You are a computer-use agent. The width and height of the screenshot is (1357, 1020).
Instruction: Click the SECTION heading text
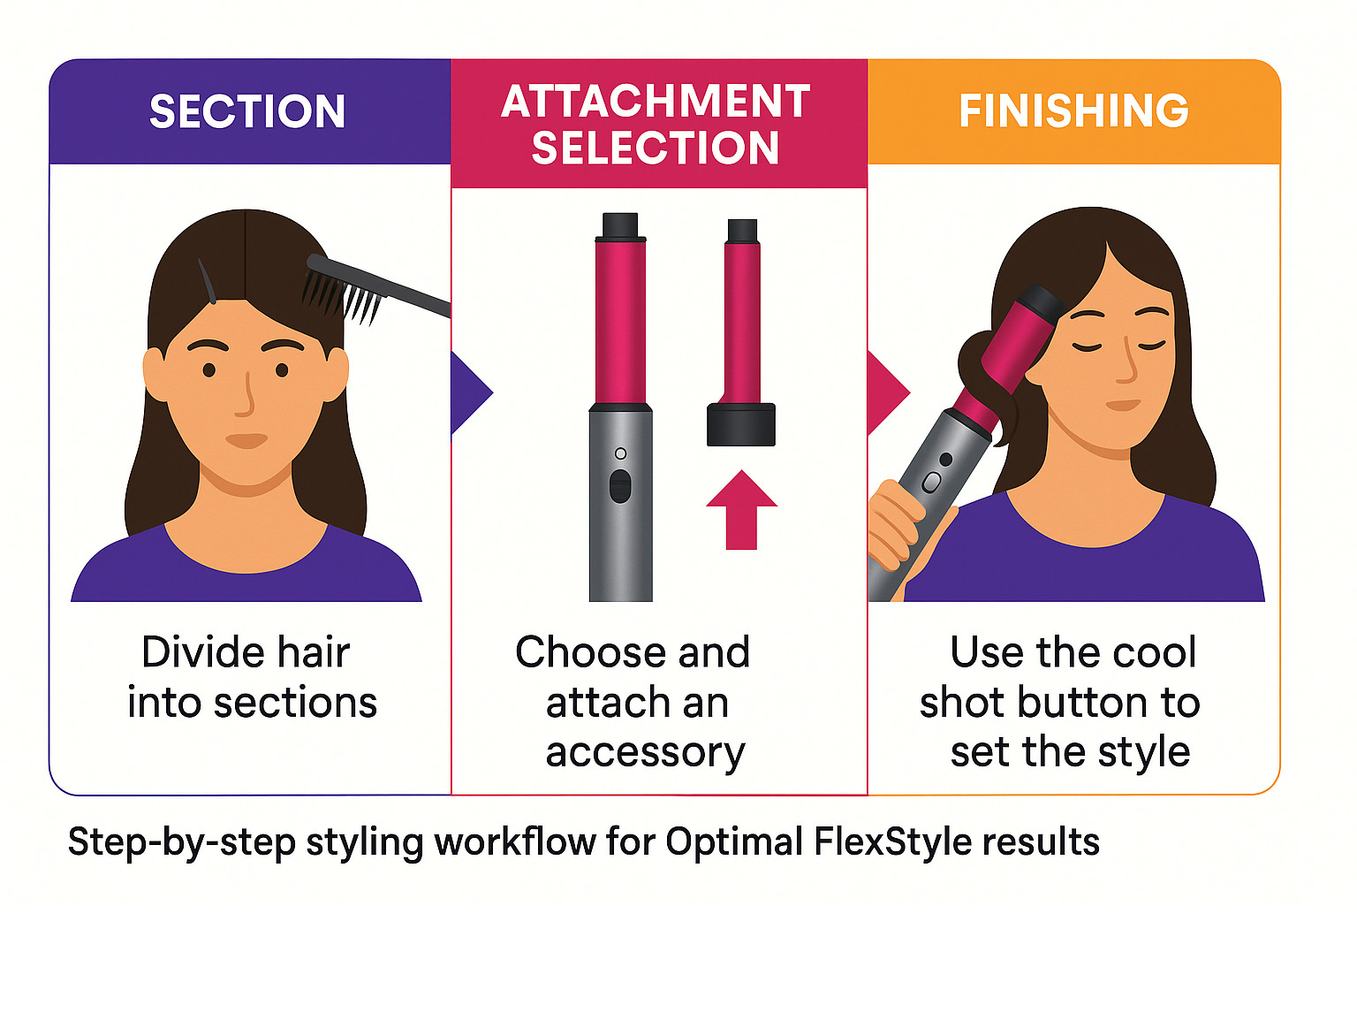click(x=246, y=111)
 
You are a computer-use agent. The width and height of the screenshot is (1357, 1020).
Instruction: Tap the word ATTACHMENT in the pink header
click(x=656, y=101)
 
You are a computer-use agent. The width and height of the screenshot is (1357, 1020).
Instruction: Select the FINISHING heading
click(x=1074, y=110)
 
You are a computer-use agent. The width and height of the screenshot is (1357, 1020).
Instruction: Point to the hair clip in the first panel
click(x=207, y=280)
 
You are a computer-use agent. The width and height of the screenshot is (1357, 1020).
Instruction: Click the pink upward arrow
click(x=741, y=510)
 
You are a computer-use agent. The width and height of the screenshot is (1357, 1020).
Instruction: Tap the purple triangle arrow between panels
click(x=472, y=392)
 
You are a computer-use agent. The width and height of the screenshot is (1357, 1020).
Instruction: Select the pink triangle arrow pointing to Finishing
click(x=889, y=392)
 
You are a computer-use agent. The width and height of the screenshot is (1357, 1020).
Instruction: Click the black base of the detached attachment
click(x=740, y=423)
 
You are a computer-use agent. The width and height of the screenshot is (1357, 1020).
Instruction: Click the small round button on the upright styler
click(x=621, y=454)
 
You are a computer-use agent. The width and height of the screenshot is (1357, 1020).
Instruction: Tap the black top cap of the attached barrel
click(x=620, y=226)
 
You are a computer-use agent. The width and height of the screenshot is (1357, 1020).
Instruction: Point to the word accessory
click(x=646, y=753)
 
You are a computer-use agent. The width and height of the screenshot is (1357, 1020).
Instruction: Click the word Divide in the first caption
click(x=194, y=652)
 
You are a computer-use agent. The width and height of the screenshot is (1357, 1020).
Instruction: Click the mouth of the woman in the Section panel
click(x=246, y=440)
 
